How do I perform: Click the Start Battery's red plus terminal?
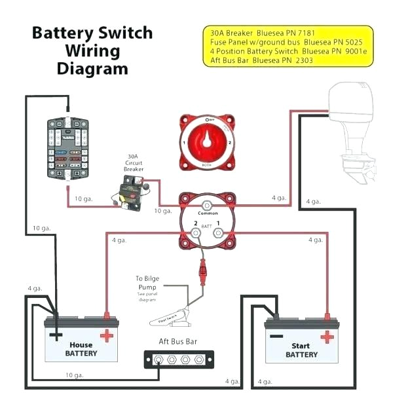click(x=325, y=336)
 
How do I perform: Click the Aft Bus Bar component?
click(x=179, y=359)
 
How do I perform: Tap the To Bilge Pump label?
click(x=147, y=283)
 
